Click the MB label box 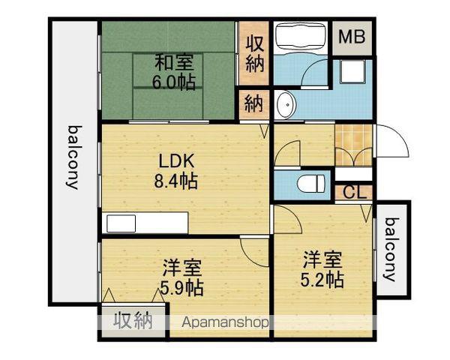[x=352, y=37]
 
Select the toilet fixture [x=311, y=184]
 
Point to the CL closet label [x=355, y=193]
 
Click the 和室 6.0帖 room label [x=174, y=72]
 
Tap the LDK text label [x=177, y=160]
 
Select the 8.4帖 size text [x=175, y=181]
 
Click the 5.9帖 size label [x=182, y=288]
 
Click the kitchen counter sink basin [x=121, y=223]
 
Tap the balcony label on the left [x=73, y=157]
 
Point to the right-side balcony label [x=391, y=249]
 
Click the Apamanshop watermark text [x=225, y=322]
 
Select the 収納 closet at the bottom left [x=133, y=320]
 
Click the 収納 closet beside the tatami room [x=254, y=53]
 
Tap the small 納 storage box [x=253, y=104]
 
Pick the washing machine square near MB [x=353, y=71]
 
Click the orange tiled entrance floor [x=353, y=145]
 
